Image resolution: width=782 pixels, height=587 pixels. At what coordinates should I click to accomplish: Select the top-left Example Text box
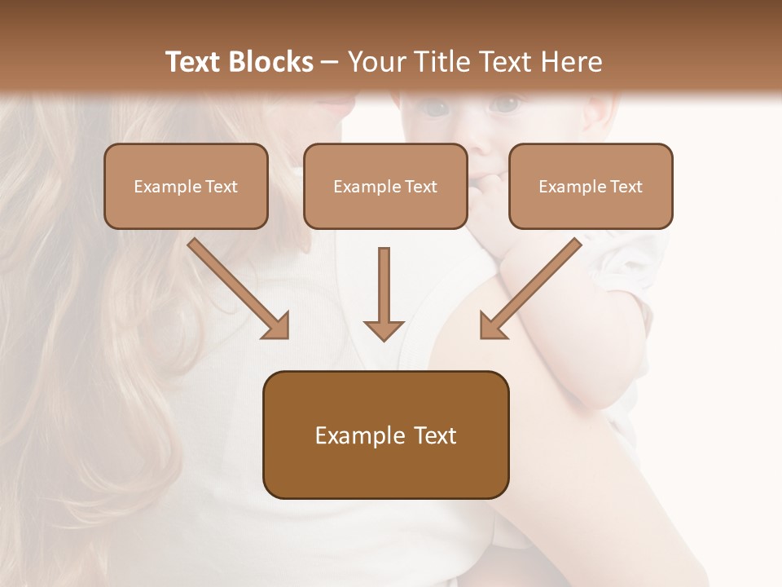click(x=186, y=186)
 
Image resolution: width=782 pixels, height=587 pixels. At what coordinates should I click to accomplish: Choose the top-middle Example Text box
click(x=385, y=186)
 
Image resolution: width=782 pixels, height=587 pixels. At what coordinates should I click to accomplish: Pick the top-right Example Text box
click(x=591, y=186)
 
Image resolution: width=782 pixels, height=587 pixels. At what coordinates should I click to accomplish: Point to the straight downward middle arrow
click(x=384, y=289)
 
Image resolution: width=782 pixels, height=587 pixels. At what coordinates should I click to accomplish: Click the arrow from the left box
click(x=236, y=287)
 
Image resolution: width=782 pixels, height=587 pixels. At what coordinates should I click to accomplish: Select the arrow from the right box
click(x=531, y=287)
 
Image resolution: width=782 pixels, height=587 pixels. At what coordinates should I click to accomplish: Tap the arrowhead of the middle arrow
click(x=384, y=329)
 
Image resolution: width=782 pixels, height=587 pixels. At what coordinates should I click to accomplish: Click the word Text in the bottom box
click(x=435, y=435)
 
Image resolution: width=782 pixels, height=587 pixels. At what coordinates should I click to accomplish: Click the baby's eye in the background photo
click(x=507, y=104)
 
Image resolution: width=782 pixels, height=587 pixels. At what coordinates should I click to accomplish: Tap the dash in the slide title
click(x=331, y=63)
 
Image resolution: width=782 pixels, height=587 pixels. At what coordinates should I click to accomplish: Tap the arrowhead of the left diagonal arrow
click(x=276, y=326)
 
